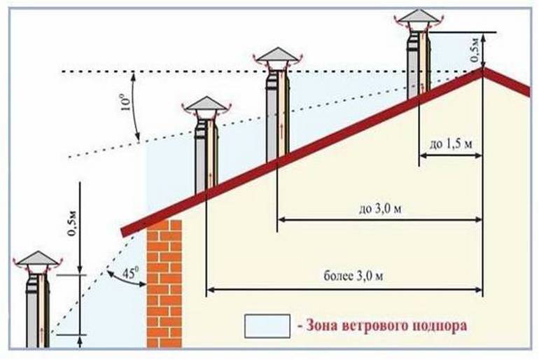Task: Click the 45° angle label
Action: click(121, 270)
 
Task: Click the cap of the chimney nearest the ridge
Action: click(418, 17)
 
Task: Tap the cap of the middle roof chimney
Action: click(276, 55)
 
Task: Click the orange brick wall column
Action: click(164, 284)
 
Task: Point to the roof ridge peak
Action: click(482, 70)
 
